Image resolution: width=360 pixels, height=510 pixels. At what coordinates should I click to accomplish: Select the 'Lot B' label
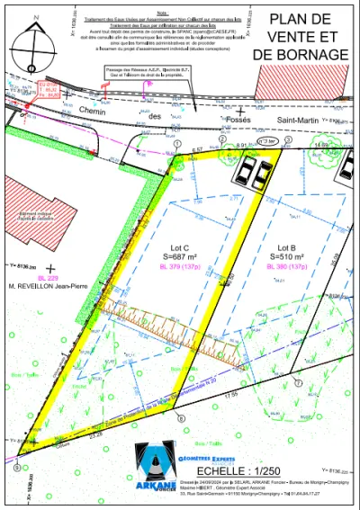(288, 246)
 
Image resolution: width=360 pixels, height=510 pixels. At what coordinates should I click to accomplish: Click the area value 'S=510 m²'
(288, 256)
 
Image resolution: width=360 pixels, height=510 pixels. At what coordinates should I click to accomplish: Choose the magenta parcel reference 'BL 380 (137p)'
(288, 266)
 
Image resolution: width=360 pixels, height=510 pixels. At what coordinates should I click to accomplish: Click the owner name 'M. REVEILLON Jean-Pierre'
(48, 287)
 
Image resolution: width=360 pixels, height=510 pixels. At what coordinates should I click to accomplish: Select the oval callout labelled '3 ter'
(266, 141)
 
